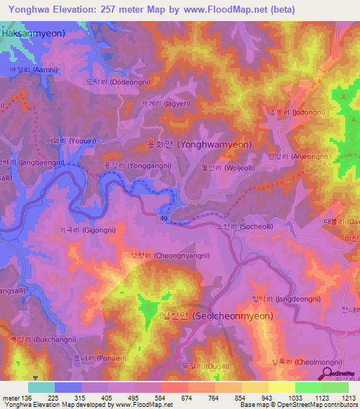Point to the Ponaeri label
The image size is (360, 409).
point(93,358)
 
